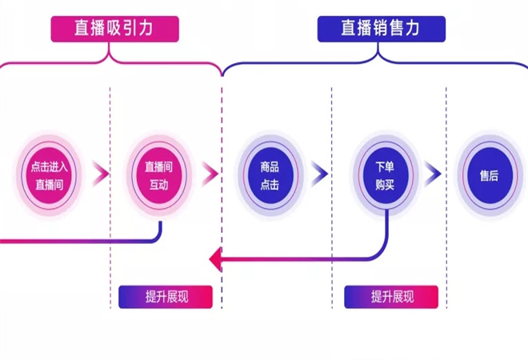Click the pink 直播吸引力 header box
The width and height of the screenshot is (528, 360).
pyautogui.click(x=114, y=29)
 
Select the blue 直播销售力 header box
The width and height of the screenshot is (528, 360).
pyautogui.click(x=380, y=29)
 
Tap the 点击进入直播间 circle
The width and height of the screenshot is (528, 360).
pyautogui.click(x=50, y=174)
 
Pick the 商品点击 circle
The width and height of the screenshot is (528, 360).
pyautogui.click(x=270, y=174)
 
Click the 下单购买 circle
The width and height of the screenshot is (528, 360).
pyautogui.click(x=384, y=174)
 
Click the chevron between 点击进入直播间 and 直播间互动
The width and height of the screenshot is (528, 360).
pyautogui.click(x=102, y=173)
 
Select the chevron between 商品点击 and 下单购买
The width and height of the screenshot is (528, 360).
pyautogui.click(x=320, y=173)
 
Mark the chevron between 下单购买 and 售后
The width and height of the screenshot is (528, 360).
pyautogui.click(x=433, y=173)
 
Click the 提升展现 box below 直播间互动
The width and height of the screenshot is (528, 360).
pyautogui.click(x=166, y=297)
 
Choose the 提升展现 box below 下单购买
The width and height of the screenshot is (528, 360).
pyautogui.click(x=391, y=297)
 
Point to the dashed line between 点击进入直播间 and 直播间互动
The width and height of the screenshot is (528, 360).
pyautogui.click(x=111, y=120)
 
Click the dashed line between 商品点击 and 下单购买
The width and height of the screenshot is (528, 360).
pyautogui.click(x=332, y=120)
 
